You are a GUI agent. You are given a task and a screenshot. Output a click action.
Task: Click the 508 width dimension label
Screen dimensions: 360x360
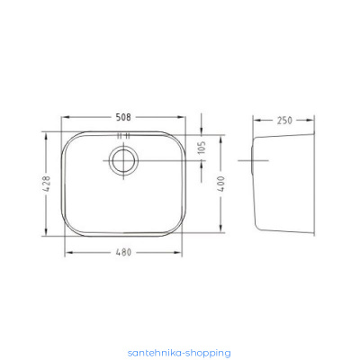pos(123,117)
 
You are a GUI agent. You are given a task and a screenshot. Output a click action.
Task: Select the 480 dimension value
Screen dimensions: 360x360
pos(123,253)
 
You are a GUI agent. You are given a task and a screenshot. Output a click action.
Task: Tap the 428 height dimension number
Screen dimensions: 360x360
pos(46,184)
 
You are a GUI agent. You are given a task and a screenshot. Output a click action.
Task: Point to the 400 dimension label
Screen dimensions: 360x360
pos(220,184)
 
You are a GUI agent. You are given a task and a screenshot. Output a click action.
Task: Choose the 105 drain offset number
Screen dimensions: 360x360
pos(202,148)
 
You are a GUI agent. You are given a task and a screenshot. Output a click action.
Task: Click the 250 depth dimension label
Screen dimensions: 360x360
pos(284,121)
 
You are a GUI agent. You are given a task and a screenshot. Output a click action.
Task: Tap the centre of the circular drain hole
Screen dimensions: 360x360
pos(123,160)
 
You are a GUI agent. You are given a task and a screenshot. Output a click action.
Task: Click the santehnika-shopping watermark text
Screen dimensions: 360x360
pos(179,353)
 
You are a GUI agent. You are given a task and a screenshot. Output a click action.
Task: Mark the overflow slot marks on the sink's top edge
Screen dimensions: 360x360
pos(123,136)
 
